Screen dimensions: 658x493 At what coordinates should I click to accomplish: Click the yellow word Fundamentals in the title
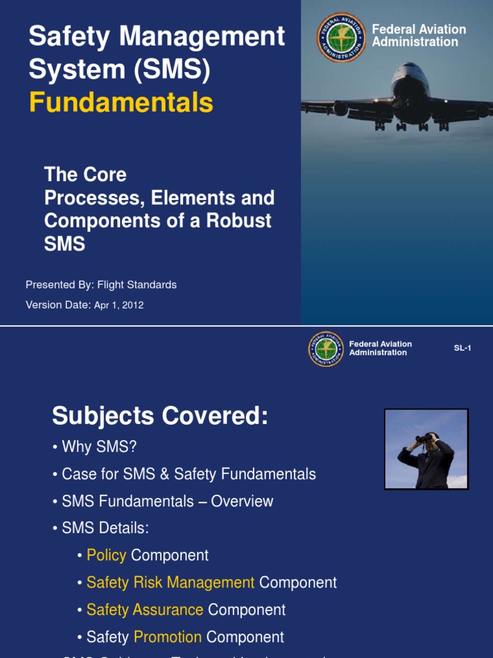[x=121, y=102]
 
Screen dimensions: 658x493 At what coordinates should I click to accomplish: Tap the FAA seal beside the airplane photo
[x=341, y=37]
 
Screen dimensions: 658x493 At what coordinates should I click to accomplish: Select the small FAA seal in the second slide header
[x=326, y=349]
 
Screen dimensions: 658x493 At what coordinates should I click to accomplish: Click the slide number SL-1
[x=462, y=348]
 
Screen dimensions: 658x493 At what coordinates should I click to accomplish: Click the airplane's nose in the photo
[x=411, y=90]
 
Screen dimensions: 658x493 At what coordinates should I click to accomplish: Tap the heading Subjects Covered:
[x=159, y=416]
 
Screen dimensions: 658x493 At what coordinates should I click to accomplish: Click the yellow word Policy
[x=106, y=555]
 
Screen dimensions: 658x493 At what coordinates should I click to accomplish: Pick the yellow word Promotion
[x=168, y=637]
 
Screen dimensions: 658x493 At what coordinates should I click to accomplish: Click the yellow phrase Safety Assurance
[x=144, y=610]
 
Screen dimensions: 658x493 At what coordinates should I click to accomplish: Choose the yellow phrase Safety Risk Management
[x=170, y=583]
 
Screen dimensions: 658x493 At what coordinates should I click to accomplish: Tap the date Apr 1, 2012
[x=119, y=305]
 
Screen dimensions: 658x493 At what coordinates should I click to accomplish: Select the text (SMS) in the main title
[x=171, y=69]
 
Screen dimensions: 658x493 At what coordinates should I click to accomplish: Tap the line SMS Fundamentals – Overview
[x=167, y=501]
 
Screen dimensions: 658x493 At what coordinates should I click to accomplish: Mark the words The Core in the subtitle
[x=85, y=174]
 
